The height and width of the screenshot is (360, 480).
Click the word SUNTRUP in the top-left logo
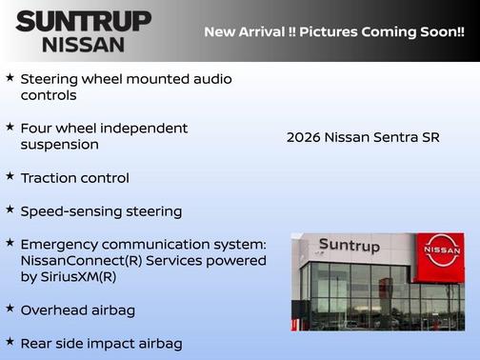[x=83, y=21]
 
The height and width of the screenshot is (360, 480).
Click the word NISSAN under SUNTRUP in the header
[x=83, y=44]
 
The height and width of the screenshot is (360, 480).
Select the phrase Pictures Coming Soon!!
[x=379, y=32]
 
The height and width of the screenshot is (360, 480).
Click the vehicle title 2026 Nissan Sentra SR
[x=363, y=137]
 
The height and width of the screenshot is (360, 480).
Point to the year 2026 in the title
[x=303, y=137]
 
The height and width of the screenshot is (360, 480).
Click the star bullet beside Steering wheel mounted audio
[x=10, y=77]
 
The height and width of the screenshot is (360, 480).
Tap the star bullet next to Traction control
[x=10, y=177]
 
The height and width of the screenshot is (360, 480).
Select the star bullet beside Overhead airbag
[x=10, y=310]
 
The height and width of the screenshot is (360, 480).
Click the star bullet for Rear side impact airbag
[x=10, y=342]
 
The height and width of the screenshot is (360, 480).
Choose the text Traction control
[x=74, y=178]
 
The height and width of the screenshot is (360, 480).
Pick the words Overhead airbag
[x=78, y=310]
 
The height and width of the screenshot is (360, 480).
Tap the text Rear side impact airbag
[x=101, y=343]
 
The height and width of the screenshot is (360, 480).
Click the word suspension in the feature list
[x=59, y=145]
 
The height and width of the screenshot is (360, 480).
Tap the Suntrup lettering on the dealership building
[x=349, y=246]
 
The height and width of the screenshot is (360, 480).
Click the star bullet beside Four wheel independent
[x=10, y=127]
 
